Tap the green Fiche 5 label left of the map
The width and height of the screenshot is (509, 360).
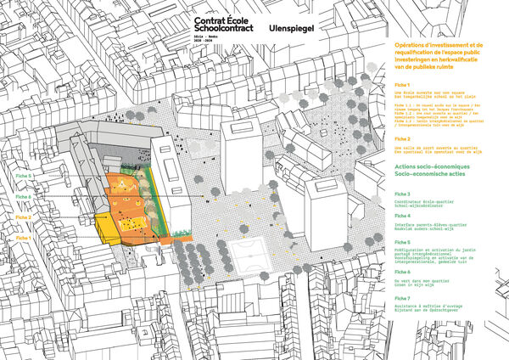[23, 176]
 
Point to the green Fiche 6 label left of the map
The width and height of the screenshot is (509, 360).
[23, 197]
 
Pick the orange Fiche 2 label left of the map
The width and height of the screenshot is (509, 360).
[23, 217]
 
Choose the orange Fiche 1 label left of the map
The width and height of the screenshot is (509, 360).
[23, 238]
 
